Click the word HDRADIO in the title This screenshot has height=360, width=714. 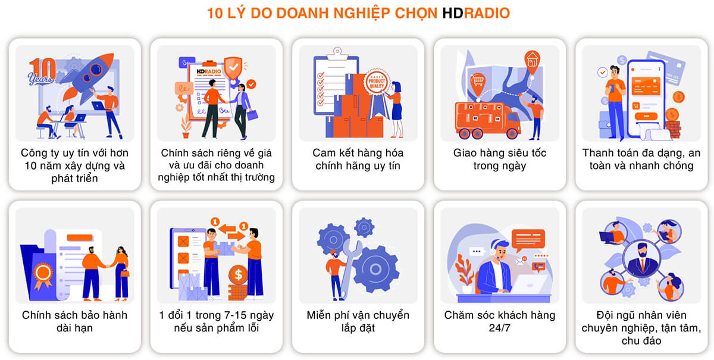pos(476,13)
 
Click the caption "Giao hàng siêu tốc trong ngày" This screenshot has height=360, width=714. pos(499,159)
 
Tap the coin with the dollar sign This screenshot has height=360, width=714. pos(239,275)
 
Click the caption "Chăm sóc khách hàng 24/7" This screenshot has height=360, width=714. pos(499,321)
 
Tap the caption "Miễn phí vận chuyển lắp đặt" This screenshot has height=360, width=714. pos(358,321)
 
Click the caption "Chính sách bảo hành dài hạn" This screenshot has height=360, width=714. pos(74,321)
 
